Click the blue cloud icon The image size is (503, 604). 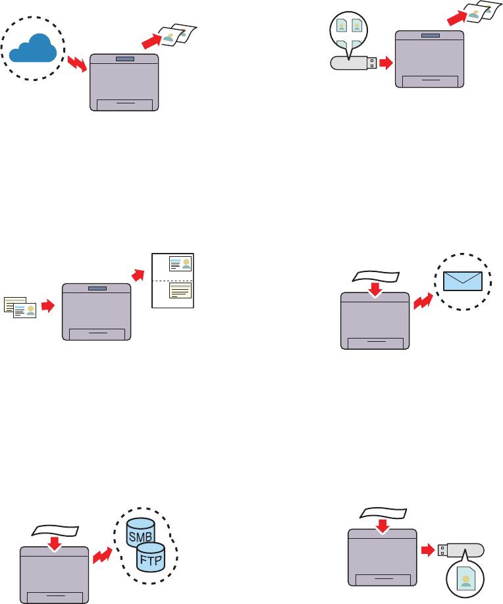34,50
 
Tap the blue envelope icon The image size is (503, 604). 463,281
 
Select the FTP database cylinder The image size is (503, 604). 151,560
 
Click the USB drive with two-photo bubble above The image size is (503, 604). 353,63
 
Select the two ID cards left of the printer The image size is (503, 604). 20,307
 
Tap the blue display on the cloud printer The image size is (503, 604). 124,59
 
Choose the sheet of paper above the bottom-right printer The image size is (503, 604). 384,514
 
